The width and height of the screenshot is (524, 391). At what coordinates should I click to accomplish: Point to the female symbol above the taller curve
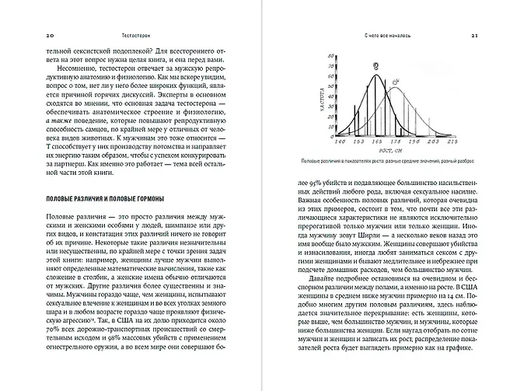pyautogui.click(x=376, y=66)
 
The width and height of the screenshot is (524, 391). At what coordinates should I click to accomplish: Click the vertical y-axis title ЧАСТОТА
pyautogui.click(x=316, y=109)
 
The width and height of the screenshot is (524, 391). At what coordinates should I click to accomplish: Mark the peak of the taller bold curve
pyautogui.click(x=377, y=75)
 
